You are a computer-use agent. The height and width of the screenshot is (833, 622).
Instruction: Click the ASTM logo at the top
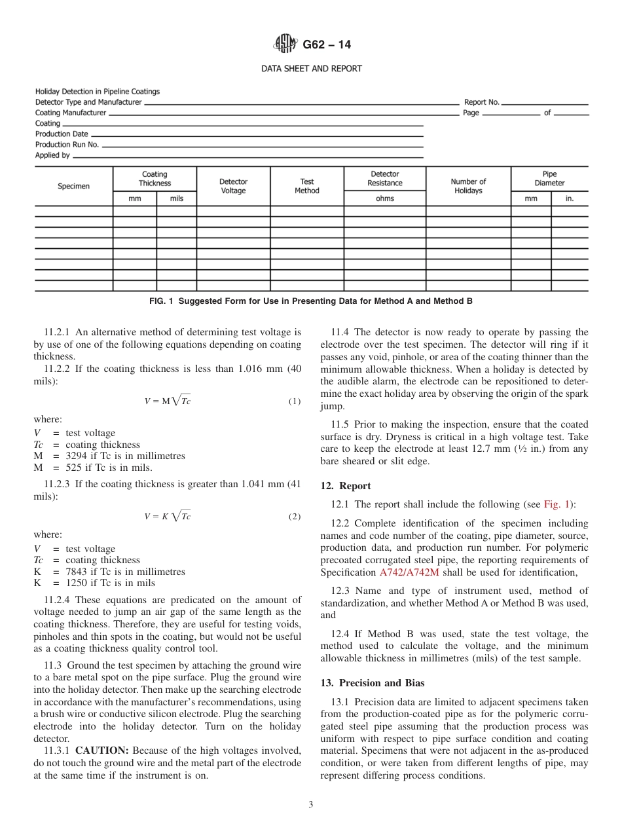285,45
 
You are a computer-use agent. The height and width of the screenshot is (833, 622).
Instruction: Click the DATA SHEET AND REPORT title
312,69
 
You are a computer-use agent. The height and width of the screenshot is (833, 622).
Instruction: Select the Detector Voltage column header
233,186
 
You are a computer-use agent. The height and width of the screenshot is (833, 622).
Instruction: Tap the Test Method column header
307,186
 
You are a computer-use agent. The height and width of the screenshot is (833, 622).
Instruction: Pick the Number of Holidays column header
468,186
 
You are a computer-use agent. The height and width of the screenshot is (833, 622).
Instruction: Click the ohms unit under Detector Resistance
384,199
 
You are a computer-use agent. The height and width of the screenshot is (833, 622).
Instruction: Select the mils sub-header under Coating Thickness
177,199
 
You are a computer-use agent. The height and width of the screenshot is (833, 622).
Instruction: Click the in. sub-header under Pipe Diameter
569,199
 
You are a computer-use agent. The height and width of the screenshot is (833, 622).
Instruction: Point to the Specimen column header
73,186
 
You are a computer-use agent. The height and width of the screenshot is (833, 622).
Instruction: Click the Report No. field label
481,102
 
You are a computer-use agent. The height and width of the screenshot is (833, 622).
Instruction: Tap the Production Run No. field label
67,145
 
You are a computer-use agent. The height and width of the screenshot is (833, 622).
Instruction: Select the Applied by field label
52,155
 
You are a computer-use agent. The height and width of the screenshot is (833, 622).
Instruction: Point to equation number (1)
295,401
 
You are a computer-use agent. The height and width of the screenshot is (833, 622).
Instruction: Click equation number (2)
295,517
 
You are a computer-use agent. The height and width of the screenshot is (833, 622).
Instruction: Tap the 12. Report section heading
345,486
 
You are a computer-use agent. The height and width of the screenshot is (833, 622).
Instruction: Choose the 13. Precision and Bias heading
372,683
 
